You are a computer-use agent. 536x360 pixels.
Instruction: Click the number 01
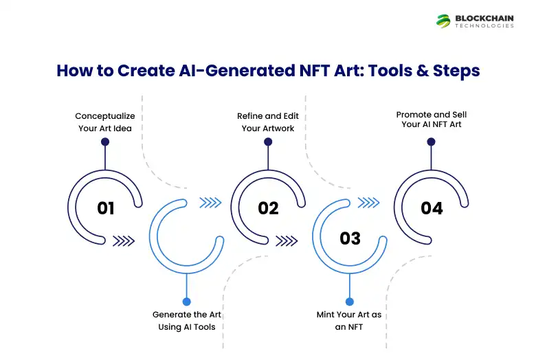(106, 207)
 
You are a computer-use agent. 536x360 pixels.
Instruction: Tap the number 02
(268, 207)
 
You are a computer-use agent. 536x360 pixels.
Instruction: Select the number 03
(350, 238)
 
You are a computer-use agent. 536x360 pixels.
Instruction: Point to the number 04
(432, 207)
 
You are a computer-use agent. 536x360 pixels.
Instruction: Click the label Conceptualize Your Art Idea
(105, 122)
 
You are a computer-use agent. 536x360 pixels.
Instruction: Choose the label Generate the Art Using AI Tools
(186, 320)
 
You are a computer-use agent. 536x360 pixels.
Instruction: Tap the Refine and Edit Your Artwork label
(267, 122)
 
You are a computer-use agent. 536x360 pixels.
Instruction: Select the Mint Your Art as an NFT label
(349, 320)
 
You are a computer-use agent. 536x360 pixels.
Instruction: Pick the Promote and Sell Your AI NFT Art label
(431, 119)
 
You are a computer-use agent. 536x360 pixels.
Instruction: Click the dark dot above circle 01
(105, 142)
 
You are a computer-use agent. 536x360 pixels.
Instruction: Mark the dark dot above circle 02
(268, 142)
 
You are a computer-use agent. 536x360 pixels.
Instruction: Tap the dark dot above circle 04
(431, 142)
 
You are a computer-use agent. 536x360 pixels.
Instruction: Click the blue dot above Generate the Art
(186, 301)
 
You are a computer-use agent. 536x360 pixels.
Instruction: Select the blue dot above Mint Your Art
(349, 301)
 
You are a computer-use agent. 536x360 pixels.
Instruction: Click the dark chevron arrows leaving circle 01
(123, 240)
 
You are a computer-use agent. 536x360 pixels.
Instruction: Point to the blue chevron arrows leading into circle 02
(210, 202)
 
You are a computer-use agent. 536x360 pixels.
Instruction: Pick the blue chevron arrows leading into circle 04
(370, 202)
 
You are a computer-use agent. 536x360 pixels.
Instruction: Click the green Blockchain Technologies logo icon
(443, 21)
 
